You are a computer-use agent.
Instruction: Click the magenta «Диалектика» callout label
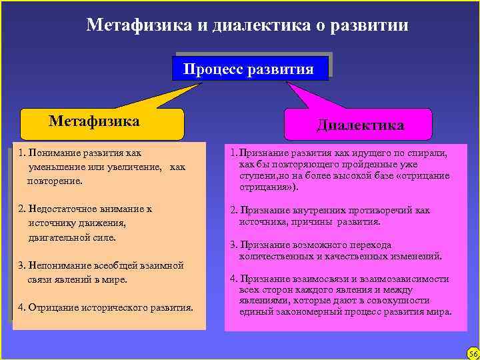click(360, 125)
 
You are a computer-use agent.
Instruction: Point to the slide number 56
click(471, 351)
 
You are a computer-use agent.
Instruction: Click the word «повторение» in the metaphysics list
click(55, 181)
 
